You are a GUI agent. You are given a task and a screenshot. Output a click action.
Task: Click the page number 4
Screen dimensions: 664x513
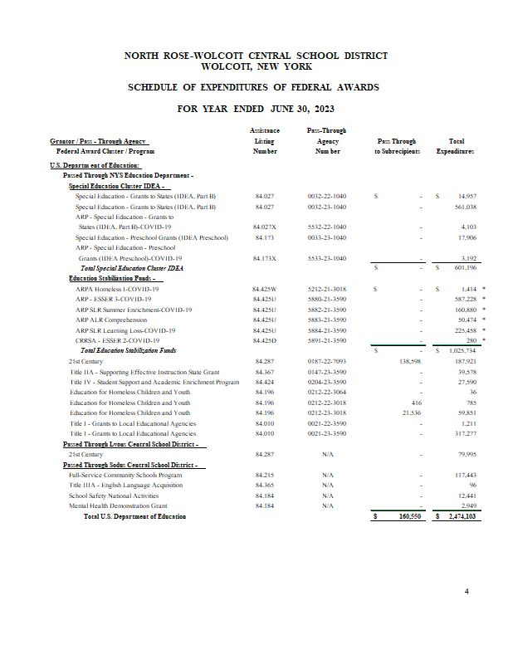pyautogui.click(x=467, y=592)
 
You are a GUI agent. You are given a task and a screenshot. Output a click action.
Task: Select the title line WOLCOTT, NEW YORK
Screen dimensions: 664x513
pyautogui.click(x=256, y=66)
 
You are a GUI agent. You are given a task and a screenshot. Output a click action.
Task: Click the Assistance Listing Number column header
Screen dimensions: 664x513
pyautogui.click(x=265, y=141)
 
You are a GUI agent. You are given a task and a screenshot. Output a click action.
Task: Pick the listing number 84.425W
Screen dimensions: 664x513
pyautogui.click(x=265, y=289)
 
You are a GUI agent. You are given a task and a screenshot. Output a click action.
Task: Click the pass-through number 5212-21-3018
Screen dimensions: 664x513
pyautogui.click(x=327, y=289)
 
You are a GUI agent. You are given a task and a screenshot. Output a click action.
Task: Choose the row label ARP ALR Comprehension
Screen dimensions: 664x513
pyautogui.click(x=111, y=320)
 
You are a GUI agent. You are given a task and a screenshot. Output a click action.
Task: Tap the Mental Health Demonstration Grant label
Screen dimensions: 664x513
pyautogui.click(x=118, y=505)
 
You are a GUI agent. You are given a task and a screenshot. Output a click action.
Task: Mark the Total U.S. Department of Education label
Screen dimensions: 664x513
pyautogui.click(x=134, y=516)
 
